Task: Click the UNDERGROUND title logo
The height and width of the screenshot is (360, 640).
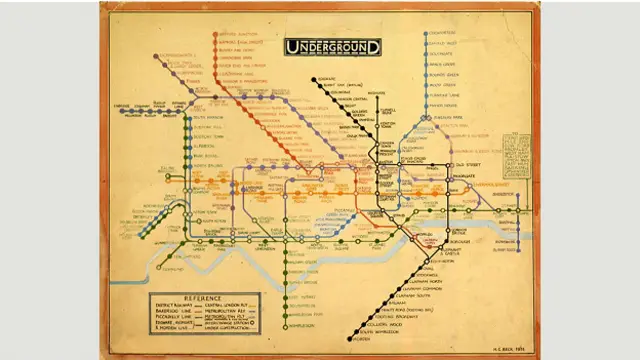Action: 333,46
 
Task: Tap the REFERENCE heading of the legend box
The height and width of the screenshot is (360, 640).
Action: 185,298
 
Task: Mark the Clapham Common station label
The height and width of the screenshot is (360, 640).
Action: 448,285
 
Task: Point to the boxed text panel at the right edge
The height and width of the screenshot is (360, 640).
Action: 517,154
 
